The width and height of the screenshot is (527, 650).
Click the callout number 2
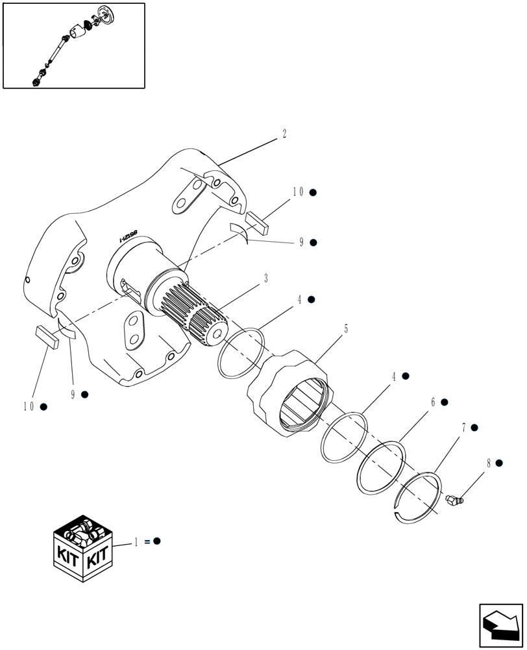click(284, 134)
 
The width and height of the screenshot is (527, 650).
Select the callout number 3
click(265, 278)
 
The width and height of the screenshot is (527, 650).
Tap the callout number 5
click(346, 330)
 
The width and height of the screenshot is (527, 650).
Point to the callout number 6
click(432, 403)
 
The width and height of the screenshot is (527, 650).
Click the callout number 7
click(463, 428)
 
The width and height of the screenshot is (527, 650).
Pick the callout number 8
click(489, 463)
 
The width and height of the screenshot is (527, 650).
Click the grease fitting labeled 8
click(455, 500)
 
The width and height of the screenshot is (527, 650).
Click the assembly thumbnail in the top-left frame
click(73, 45)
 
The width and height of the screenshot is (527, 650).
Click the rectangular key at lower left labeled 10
click(47, 339)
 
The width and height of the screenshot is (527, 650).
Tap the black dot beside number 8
click(499, 463)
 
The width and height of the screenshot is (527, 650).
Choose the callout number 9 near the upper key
click(301, 242)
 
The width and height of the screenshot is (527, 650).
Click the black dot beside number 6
click(445, 403)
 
